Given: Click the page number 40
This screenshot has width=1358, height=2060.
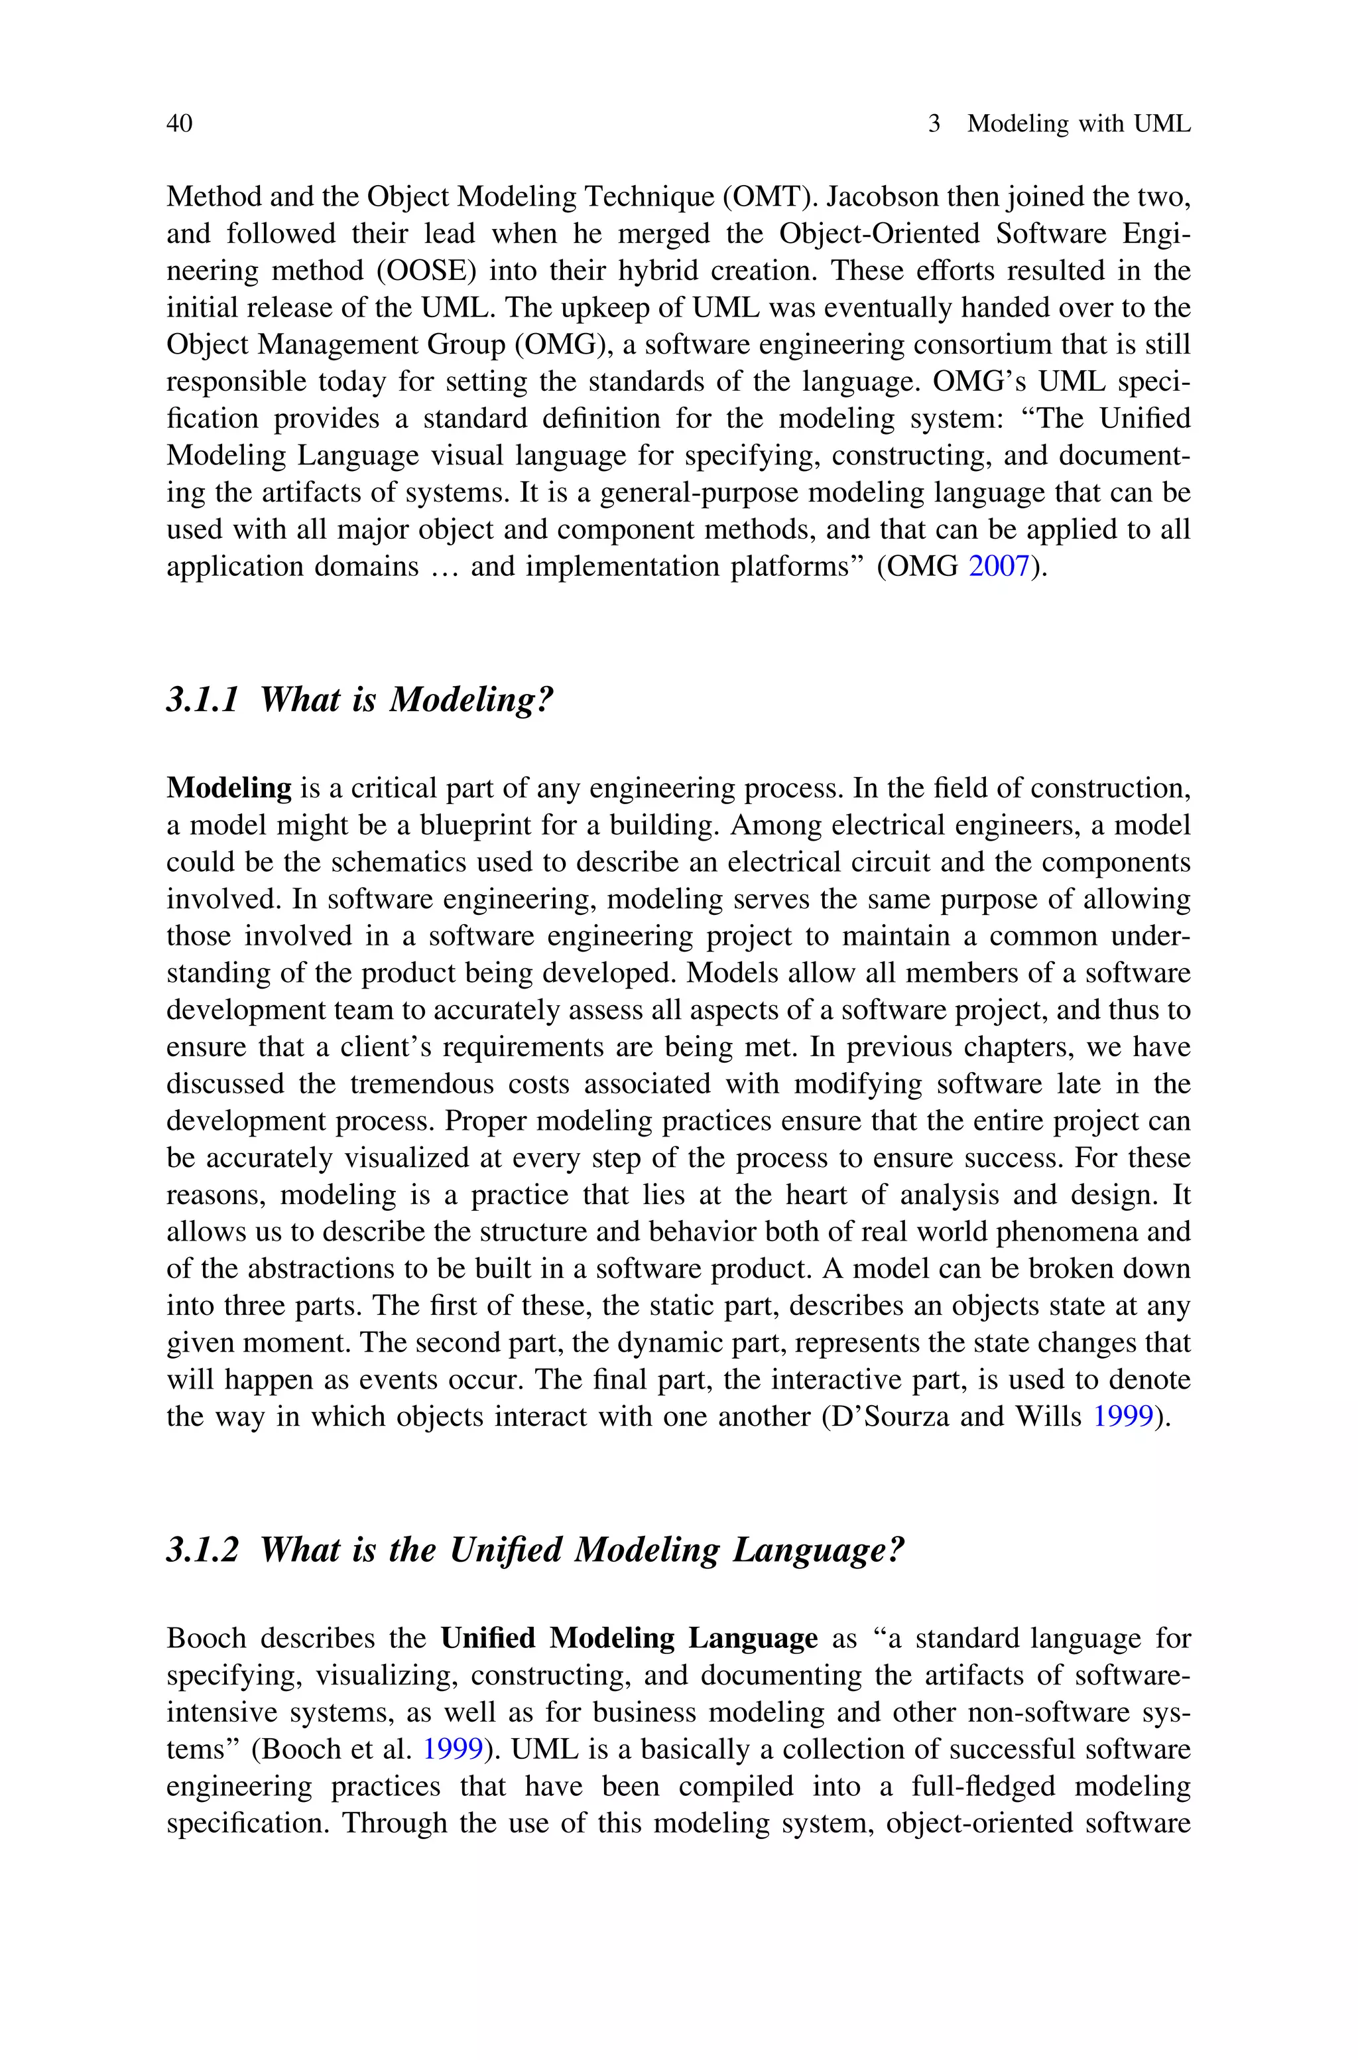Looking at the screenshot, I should tap(179, 124).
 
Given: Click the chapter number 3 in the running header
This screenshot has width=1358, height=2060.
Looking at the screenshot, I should tap(934, 124).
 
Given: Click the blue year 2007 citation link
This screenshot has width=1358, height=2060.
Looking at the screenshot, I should tap(998, 567).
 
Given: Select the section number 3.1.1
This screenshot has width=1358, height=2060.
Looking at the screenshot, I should tap(202, 699).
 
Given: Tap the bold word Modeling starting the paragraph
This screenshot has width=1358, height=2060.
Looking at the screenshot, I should tap(229, 788).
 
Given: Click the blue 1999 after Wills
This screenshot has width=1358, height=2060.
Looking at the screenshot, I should tap(1123, 1417).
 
